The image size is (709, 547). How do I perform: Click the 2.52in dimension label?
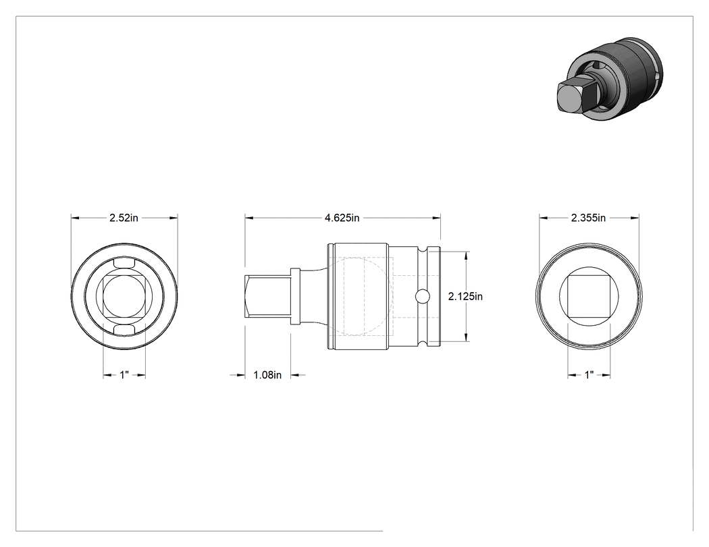tap(124, 218)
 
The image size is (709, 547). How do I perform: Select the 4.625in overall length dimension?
tap(342, 218)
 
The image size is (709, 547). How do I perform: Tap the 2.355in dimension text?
tap(588, 218)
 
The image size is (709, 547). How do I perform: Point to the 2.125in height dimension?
tap(465, 296)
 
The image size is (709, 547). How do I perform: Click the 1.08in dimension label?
tap(267, 375)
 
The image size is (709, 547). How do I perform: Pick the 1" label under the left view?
tap(124, 375)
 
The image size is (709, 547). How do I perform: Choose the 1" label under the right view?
tap(589, 375)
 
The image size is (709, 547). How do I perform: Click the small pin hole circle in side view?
tap(422, 296)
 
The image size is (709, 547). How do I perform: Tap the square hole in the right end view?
tap(589, 296)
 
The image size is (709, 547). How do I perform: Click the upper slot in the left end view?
tap(124, 263)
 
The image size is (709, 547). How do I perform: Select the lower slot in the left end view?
tap(124, 330)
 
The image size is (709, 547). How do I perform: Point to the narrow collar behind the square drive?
tap(295, 296)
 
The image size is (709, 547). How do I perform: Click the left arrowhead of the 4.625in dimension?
tap(250, 218)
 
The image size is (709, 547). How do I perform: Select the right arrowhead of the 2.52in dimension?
tap(173, 218)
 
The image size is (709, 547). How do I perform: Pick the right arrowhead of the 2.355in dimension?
tap(635, 218)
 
